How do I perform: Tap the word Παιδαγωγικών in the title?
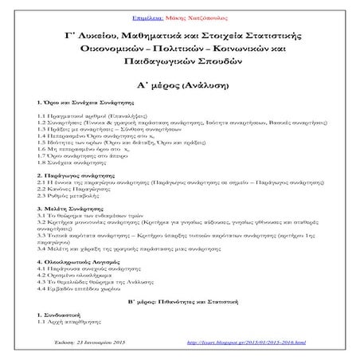137,67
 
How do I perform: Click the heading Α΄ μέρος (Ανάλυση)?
179,86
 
